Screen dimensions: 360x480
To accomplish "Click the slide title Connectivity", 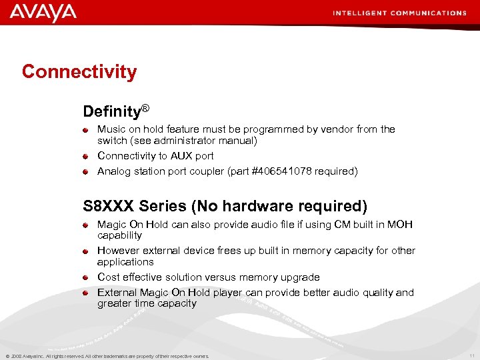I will (79, 72).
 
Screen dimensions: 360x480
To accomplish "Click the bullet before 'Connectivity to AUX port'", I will (86, 157).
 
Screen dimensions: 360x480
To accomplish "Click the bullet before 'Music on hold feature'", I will (86, 130).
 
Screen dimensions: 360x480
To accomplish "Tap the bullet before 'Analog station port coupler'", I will (86, 172).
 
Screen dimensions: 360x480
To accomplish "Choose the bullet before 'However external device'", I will (86, 251).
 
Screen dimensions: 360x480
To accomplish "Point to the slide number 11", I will (472, 355).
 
